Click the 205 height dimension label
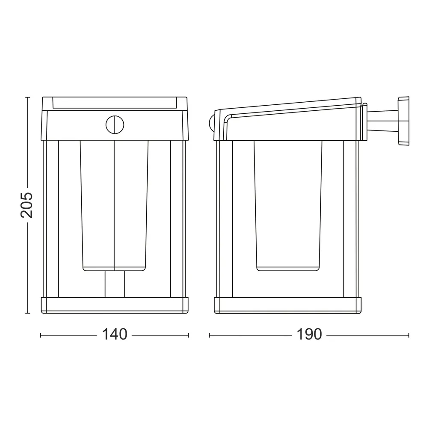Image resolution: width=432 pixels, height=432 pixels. click(27, 205)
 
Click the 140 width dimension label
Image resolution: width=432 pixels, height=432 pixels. click(114, 334)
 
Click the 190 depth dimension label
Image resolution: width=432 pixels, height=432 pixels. click(309, 334)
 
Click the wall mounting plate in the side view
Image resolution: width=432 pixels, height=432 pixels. click(403, 121)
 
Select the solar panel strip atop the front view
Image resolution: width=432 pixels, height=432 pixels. click(115, 103)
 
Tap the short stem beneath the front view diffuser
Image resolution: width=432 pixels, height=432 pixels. click(115, 284)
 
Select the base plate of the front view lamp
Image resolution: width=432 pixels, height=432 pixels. click(115, 305)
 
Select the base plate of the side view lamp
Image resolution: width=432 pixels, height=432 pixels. click(288, 305)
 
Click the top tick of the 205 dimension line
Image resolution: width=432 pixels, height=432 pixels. click(27, 98)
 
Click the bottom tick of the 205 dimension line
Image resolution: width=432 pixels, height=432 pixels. click(27, 313)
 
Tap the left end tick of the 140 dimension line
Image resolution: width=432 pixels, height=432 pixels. click(41, 335)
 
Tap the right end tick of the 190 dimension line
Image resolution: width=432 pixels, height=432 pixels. click(408, 335)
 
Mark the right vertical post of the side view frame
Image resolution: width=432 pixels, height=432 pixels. click(351, 219)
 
